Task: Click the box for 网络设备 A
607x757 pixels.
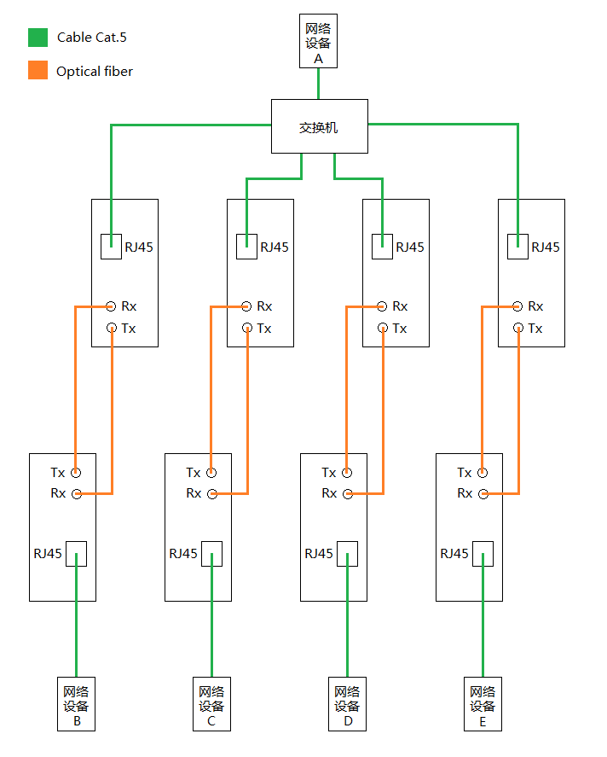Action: coord(318,41)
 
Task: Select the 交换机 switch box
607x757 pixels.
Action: coord(319,127)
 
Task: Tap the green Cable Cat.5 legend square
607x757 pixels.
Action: coord(38,37)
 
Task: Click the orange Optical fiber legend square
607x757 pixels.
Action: coord(38,71)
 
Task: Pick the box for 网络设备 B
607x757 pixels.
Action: coord(76,704)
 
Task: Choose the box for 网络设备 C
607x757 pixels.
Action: coord(211,704)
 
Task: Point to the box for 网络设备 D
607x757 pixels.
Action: coord(347,704)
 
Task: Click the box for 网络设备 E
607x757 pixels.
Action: coord(483,704)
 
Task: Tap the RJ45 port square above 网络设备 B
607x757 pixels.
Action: coord(76,554)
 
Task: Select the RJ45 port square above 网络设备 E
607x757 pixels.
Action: coord(483,554)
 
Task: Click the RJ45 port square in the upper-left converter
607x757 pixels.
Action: coord(111,247)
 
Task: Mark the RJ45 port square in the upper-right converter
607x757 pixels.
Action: coord(517,247)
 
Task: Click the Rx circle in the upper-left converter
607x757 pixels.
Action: coord(111,306)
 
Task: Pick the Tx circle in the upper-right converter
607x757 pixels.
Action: coord(517,328)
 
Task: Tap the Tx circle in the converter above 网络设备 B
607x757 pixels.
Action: coord(76,472)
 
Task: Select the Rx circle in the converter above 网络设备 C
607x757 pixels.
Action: coord(211,493)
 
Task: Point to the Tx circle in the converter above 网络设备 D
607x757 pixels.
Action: coord(347,472)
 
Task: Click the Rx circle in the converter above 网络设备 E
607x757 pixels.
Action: coord(483,493)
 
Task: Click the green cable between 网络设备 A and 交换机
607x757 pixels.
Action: coord(318,84)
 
